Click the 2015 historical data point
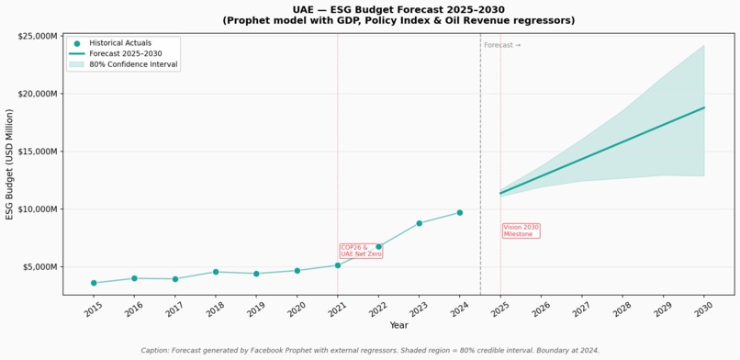pos(94,283)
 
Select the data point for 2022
pos(378,247)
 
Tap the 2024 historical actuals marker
pos(460,213)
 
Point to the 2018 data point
pos(216,272)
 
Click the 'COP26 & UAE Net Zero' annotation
pos(361,251)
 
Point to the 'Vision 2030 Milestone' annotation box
pos(521,231)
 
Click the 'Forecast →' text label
pos(502,45)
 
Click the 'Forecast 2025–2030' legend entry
pos(119,54)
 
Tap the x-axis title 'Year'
pos(398,325)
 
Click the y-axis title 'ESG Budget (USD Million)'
pos(9,164)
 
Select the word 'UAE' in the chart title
pos(303,10)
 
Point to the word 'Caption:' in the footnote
pos(155,351)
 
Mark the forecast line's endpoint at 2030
pos(704,107)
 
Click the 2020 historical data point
pos(297,271)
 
